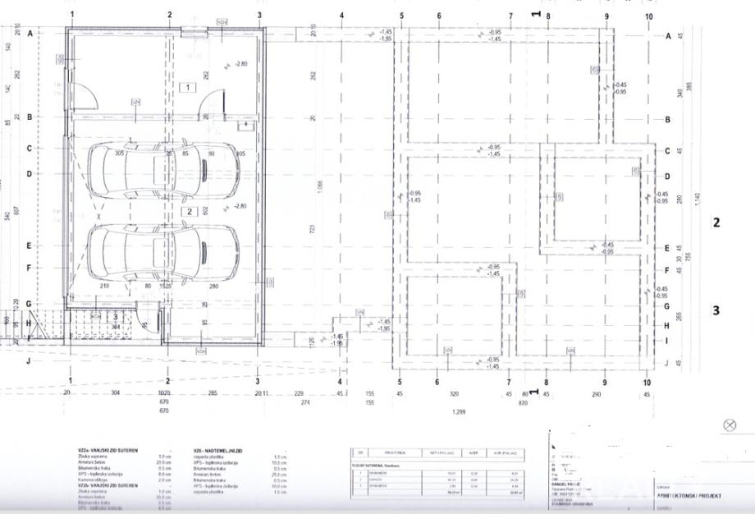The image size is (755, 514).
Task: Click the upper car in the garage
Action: (x=164, y=170)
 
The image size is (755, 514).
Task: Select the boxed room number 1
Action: (x=189, y=86)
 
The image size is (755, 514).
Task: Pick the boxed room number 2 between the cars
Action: (x=189, y=211)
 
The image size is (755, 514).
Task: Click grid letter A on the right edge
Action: (x=668, y=35)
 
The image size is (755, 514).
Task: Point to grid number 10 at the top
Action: (x=648, y=16)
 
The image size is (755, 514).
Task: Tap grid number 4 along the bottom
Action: (x=341, y=381)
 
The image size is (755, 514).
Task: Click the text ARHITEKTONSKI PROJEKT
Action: (x=689, y=496)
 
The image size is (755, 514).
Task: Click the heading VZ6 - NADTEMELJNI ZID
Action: (x=219, y=451)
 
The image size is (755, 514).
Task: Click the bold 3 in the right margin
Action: (x=716, y=310)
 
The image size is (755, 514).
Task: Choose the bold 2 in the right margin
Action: (x=716, y=222)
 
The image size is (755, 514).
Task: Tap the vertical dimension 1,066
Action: (x=321, y=186)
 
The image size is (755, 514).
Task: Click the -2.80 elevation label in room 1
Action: (x=240, y=64)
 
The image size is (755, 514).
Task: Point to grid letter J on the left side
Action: (x=29, y=360)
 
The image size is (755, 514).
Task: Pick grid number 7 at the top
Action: (x=510, y=16)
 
